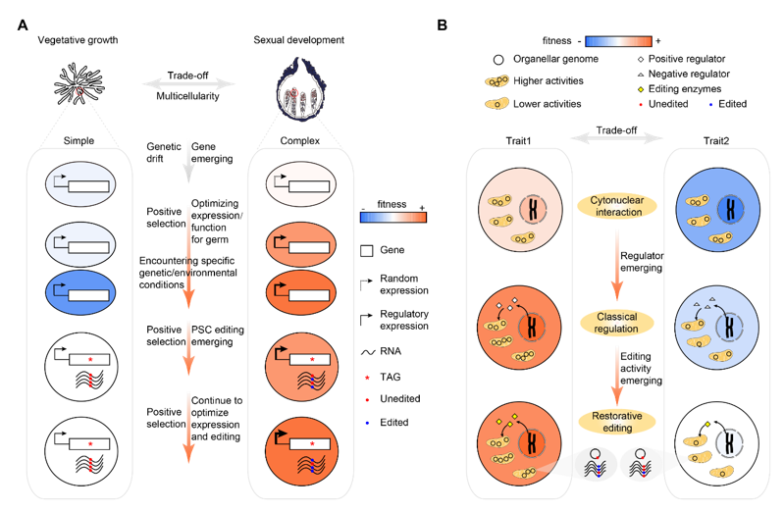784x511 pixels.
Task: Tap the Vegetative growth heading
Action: click(78, 40)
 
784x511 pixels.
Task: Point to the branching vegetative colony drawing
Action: click(78, 84)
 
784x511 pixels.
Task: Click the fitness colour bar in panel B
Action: click(617, 41)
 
